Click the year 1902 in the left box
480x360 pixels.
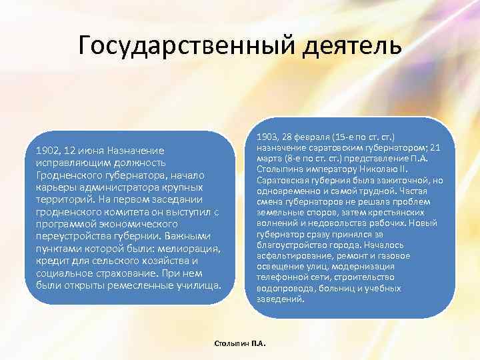tap(47, 151)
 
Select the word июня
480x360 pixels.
tap(92, 151)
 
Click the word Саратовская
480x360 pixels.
tap(283, 180)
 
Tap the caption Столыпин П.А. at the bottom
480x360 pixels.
tap(239, 343)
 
